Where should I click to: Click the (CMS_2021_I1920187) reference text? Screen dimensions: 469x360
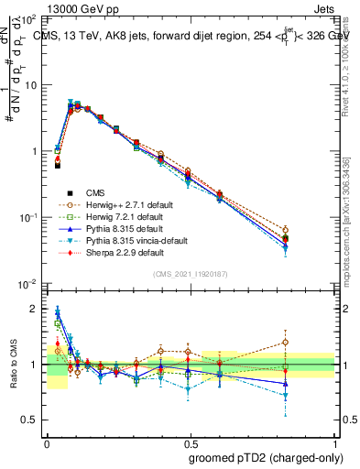[191, 273]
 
